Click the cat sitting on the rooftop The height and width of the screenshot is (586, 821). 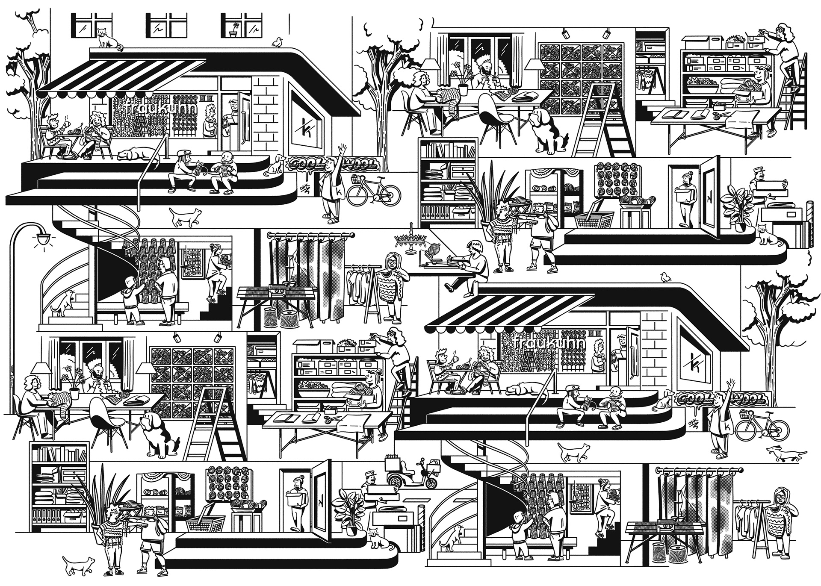(108, 38)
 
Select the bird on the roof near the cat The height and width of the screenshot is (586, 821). (278, 41)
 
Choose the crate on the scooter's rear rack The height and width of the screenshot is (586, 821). (392, 464)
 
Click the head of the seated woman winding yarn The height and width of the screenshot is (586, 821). (474, 247)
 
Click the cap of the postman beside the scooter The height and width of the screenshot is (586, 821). (369, 473)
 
